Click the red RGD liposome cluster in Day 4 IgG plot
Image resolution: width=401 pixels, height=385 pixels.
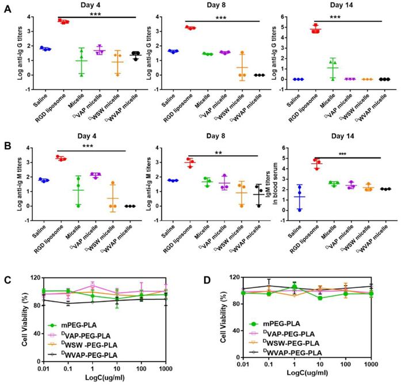coord(63,22)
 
